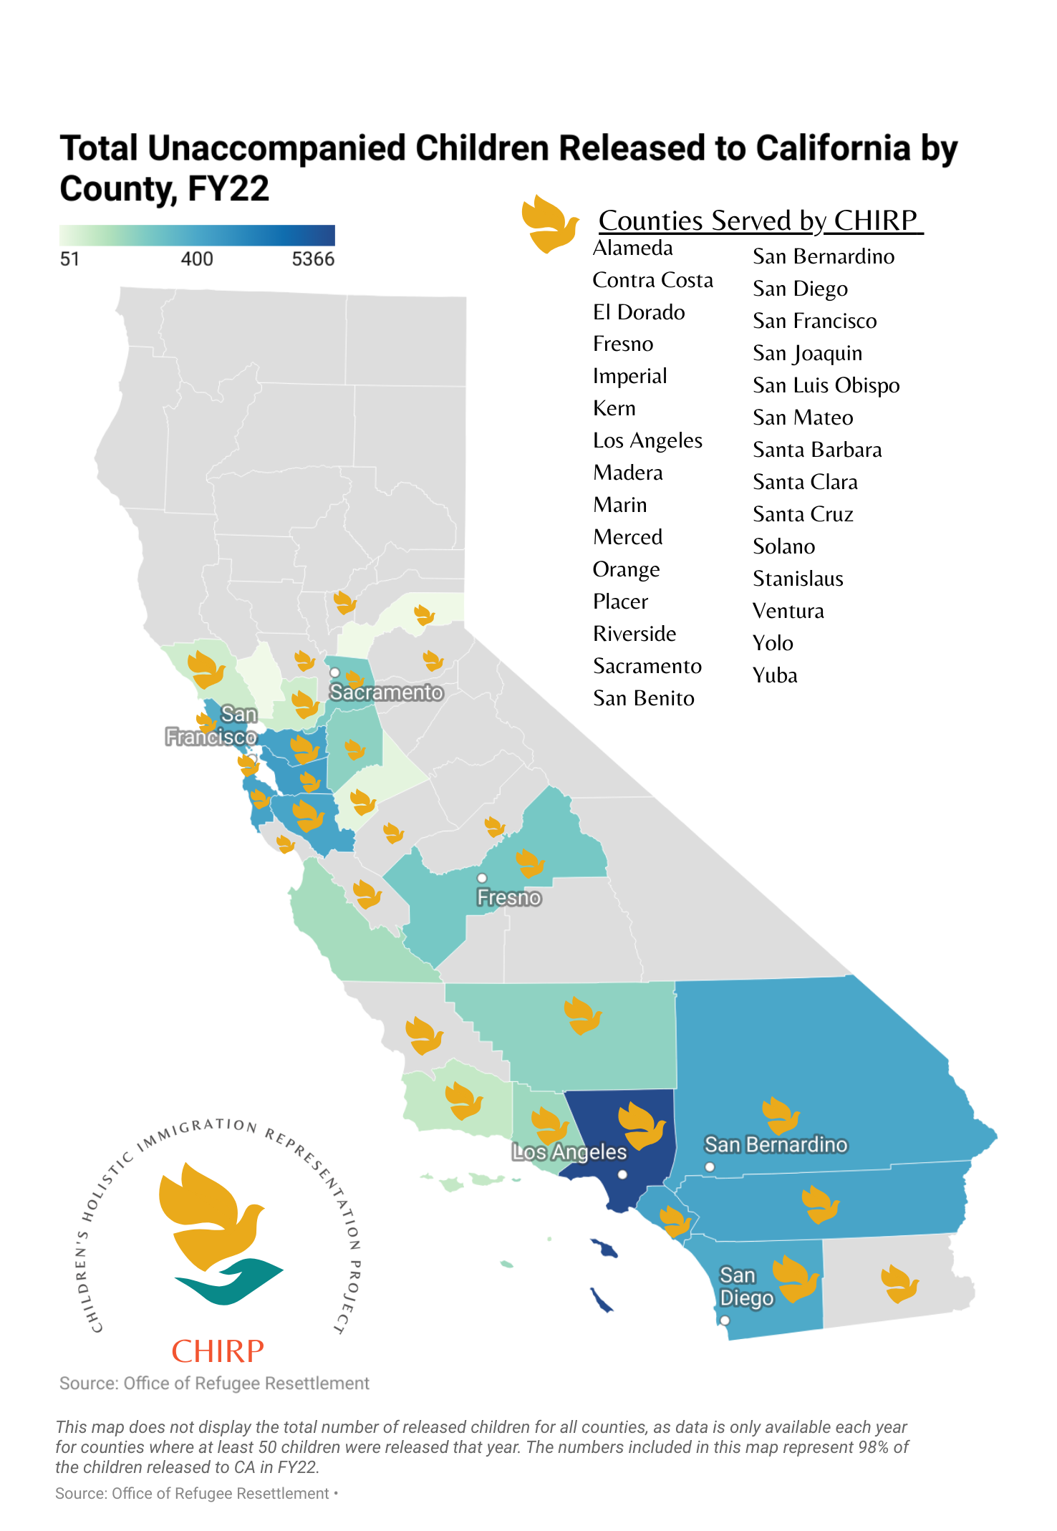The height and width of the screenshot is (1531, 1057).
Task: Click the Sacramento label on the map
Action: coord(386,692)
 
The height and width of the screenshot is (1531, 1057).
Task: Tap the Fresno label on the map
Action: coord(509,897)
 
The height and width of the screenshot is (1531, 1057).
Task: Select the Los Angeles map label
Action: coord(569,1151)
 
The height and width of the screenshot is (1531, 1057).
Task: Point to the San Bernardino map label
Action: coord(776,1144)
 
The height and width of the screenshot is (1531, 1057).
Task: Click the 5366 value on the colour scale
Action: coord(313,259)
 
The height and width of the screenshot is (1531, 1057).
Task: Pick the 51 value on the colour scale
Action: coord(69,259)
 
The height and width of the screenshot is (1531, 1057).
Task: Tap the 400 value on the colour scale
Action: coord(197,259)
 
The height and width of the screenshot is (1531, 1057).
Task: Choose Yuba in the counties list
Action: coord(775,675)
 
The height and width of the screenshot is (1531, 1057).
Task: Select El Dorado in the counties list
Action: coord(639,312)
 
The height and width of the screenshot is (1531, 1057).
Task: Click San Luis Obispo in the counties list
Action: coord(826,385)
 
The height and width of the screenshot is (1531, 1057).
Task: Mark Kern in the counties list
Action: coord(614,408)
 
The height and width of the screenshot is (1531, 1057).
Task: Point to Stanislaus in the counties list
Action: coord(798,579)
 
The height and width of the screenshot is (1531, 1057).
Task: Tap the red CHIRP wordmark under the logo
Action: coord(218,1351)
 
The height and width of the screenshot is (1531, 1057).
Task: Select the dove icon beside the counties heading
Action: coord(549,224)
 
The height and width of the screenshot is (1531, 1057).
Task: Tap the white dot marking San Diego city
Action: coord(725,1320)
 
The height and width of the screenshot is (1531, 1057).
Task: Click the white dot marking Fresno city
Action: coord(482,878)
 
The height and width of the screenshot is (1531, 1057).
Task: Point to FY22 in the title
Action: coord(228,189)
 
